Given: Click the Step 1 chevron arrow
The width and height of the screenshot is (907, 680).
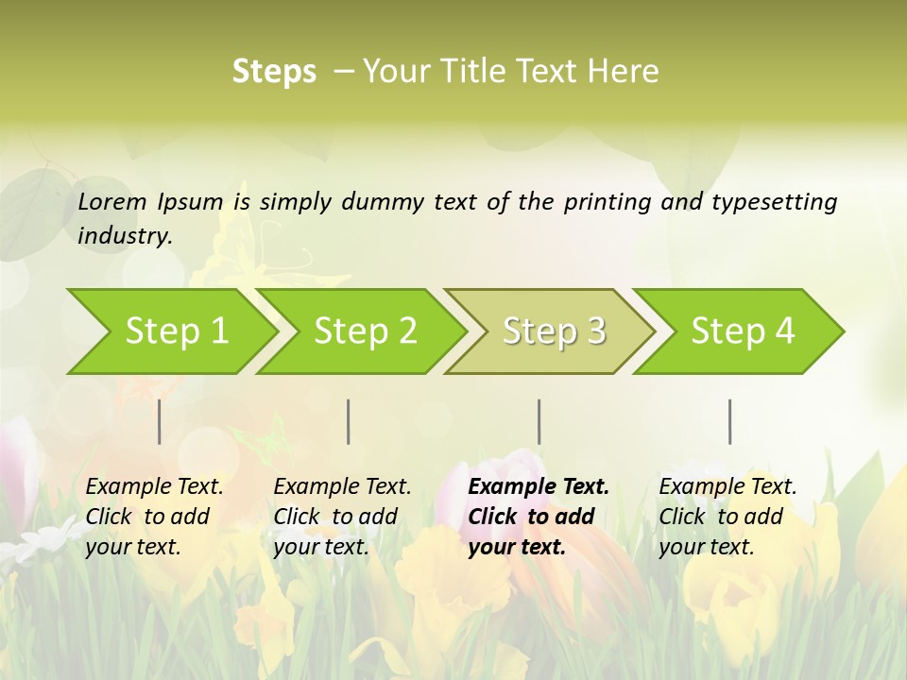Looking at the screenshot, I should pyautogui.click(x=175, y=331).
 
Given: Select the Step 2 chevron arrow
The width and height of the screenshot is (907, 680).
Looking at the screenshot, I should pyautogui.click(x=364, y=331).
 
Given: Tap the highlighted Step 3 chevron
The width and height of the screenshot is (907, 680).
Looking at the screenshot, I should pyautogui.click(x=553, y=331).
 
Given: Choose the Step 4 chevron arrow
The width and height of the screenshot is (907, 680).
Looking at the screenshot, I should pyautogui.click(x=742, y=331).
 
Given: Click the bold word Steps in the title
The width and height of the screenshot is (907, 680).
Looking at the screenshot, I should pyautogui.click(x=274, y=72).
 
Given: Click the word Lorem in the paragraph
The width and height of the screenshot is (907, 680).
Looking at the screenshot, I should pyautogui.click(x=111, y=201).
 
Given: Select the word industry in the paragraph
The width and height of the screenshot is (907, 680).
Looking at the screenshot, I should pyautogui.click(x=124, y=235).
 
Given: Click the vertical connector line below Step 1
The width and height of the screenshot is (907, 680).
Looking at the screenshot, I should pyautogui.click(x=159, y=421).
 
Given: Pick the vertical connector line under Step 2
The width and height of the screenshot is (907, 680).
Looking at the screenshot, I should pyautogui.click(x=349, y=421).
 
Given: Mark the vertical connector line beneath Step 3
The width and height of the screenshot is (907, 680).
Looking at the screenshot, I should pyautogui.click(x=539, y=421).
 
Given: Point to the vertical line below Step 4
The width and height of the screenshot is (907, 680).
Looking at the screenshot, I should pyautogui.click(x=730, y=421).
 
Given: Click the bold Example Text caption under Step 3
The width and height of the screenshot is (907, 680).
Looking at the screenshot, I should pyautogui.click(x=539, y=516).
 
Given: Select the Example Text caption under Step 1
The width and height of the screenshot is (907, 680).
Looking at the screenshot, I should pyautogui.click(x=154, y=516).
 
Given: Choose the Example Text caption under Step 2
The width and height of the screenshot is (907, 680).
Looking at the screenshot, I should pyautogui.click(x=342, y=516).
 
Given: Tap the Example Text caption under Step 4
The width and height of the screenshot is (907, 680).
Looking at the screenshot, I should pyautogui.click(x=727, y=516).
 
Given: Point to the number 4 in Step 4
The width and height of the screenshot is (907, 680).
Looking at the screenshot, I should pyautogui.click(x=784, y=331).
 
